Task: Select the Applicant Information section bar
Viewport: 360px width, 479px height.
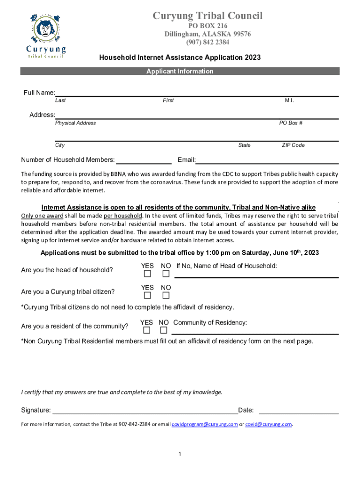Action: pyautogui.click(x=180, y=71)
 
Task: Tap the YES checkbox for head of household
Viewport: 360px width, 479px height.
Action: pyautogui.click(x=148, y=274)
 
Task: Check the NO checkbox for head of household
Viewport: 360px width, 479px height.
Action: pyautogui.click(x=166, y=274)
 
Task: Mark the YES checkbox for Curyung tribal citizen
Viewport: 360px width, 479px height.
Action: pyautogui.click(x=148, y=296)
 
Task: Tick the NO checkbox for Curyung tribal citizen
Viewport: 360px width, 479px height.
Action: pyautogui.click(x=166, y=296)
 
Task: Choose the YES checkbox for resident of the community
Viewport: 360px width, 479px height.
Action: pyautogui.click(x=147, y=330)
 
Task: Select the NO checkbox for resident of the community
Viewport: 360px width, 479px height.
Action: pyautogui.click(x=164, y=330)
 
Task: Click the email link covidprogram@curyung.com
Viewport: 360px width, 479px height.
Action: pyautogui.click(x=205, y=424)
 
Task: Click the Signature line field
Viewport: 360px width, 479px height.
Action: pyautogui.click(x=145, y=412)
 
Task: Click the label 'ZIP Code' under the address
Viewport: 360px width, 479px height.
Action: pyautogui.click(x=293, y=145)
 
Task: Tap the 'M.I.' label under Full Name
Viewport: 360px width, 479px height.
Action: pyautogui.click(x=289, y=101)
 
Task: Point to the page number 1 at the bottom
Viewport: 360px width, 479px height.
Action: pyautogui.click(x=180, y=454)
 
